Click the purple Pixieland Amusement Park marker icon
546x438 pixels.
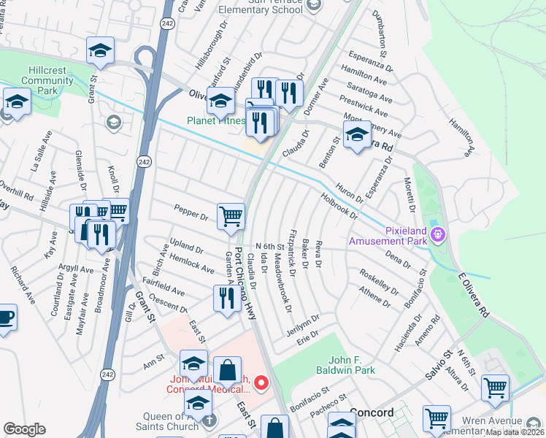coord(437,234)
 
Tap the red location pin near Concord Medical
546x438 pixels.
coord(260,382)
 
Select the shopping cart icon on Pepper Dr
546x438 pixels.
coord(231,216)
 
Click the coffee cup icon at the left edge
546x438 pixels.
coord(5,318)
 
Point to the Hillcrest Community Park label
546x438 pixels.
coord(47,79)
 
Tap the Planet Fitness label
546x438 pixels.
coord(215,120)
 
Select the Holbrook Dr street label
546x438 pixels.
coord(339,205)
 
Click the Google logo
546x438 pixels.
coord(24,429)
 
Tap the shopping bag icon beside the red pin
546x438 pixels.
coord(227,371)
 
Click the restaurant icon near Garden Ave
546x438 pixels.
coord(223,298)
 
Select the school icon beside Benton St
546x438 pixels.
coord(356,136)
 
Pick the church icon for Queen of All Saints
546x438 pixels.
coord(209,420)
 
